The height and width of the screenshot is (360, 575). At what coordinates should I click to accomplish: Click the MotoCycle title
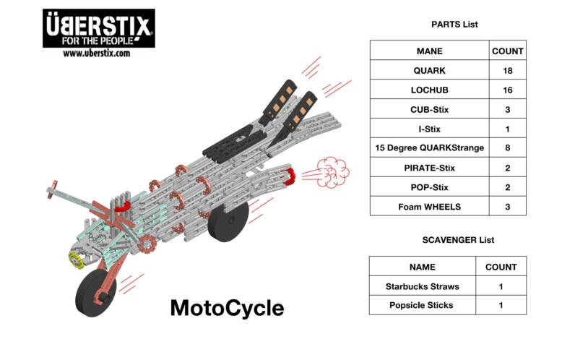coord(227,308)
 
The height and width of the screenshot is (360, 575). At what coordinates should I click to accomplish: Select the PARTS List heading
coord(454,24)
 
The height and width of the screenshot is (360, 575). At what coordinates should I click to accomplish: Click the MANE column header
coord(429,51)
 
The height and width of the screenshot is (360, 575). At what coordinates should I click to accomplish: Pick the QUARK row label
coord(429,71)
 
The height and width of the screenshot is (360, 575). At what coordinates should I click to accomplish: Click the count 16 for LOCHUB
coord(507,90)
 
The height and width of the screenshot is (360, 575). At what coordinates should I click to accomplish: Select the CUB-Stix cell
coord(429,110)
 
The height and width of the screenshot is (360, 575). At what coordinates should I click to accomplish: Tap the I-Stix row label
coord(429,129)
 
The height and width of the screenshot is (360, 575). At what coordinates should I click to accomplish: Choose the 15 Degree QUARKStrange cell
coord(429,148)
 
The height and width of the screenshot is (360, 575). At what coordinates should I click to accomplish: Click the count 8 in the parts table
coord(507,148)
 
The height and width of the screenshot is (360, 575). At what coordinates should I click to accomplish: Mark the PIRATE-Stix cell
coord(429,168)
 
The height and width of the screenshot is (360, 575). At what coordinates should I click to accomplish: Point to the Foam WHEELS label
coord(429,207)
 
